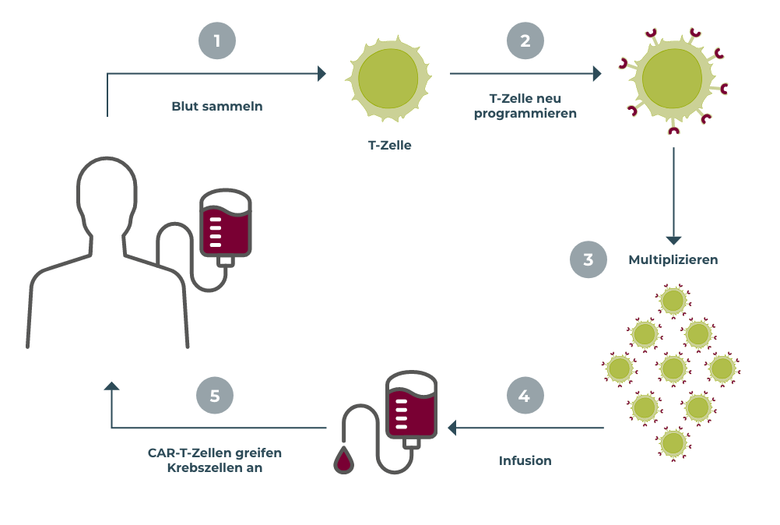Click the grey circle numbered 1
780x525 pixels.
click(217, 41)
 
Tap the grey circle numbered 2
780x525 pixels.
click(525, 41)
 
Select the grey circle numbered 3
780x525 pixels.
click(589, 259)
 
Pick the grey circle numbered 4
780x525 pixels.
click(525, 396)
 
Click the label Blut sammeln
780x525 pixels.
click(217, 107)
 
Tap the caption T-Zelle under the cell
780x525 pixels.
click(389, 145)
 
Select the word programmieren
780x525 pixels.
click(525, 113)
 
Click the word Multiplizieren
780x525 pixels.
click(673, 259)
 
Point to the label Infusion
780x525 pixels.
click(525, 460)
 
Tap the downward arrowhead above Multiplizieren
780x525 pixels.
click(673, 241)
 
